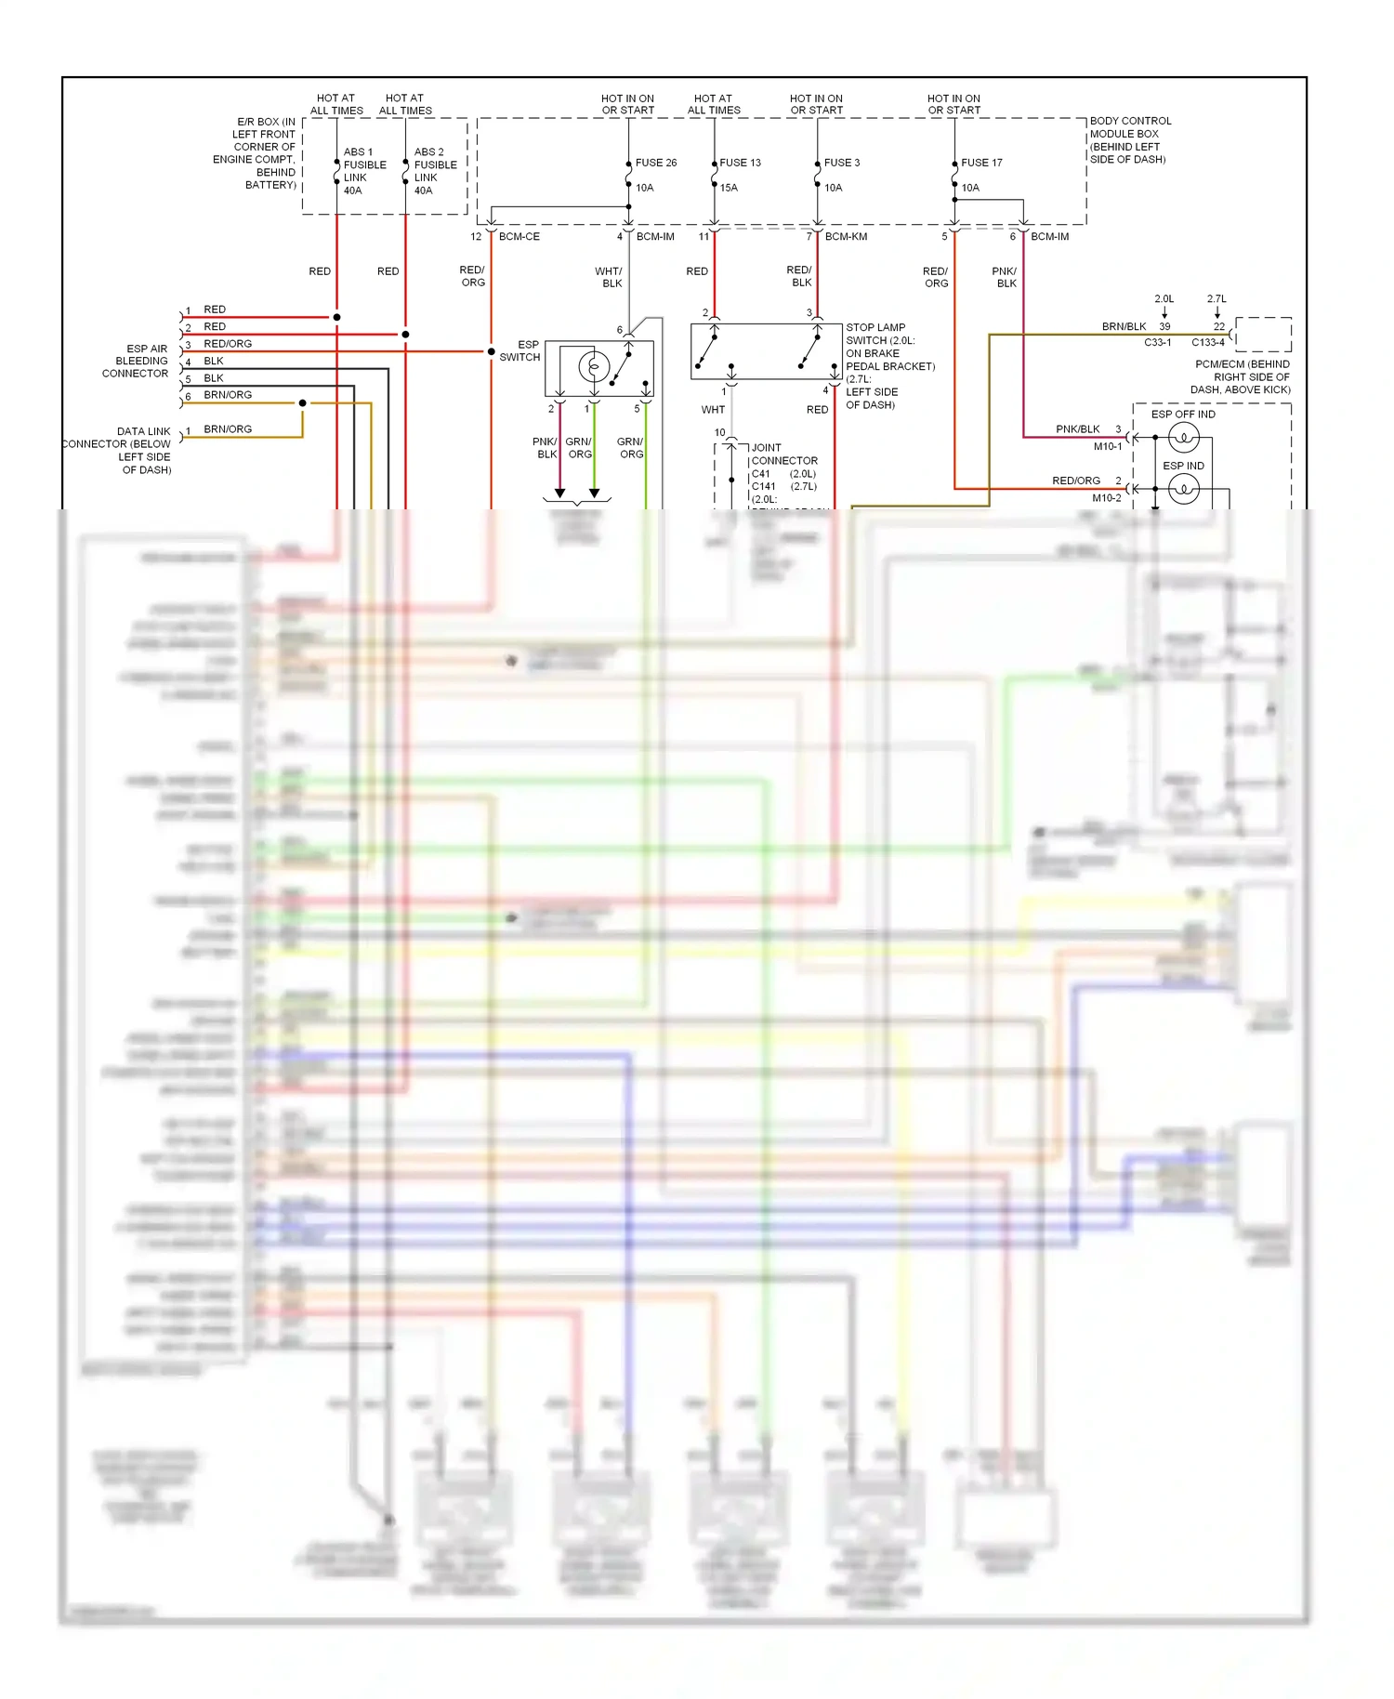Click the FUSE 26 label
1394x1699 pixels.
click(655, 163)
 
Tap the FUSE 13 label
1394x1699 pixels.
click(740, 163)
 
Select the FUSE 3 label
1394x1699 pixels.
click(841, 163)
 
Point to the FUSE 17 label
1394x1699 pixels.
click(981, 163)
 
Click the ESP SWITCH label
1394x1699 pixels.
click(521, 350)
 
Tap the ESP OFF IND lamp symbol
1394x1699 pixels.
click(1183, 436)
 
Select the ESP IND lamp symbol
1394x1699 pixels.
click(1183, 488)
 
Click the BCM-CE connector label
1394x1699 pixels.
click(519, 237)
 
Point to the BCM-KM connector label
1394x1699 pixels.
click(846, 237)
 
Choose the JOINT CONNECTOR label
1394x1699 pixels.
click(783, 454)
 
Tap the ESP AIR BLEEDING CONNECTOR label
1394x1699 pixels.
click(137, 361)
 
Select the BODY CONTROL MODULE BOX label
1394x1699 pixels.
click(1129, 140)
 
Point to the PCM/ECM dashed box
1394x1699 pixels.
click(1263, 334)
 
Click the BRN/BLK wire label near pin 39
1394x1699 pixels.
click(1124, 327)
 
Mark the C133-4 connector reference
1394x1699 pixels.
click(1207, 342)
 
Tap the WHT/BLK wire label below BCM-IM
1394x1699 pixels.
click(610, 277)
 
